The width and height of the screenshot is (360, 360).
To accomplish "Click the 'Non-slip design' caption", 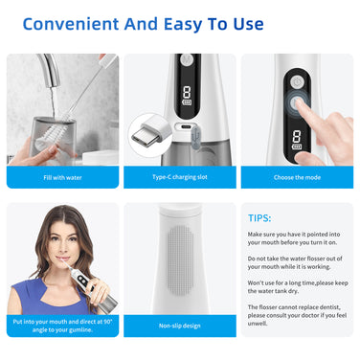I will (180, 326).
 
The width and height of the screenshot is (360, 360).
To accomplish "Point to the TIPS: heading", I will (259, 218).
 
